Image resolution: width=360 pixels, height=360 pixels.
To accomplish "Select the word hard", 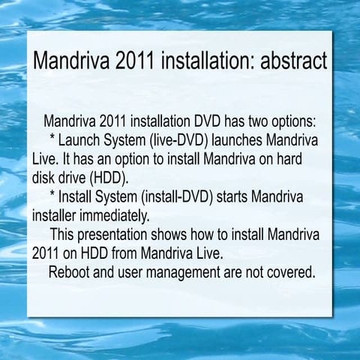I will [x=303, y=159].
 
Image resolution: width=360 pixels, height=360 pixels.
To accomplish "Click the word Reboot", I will [x=71, y=270].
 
